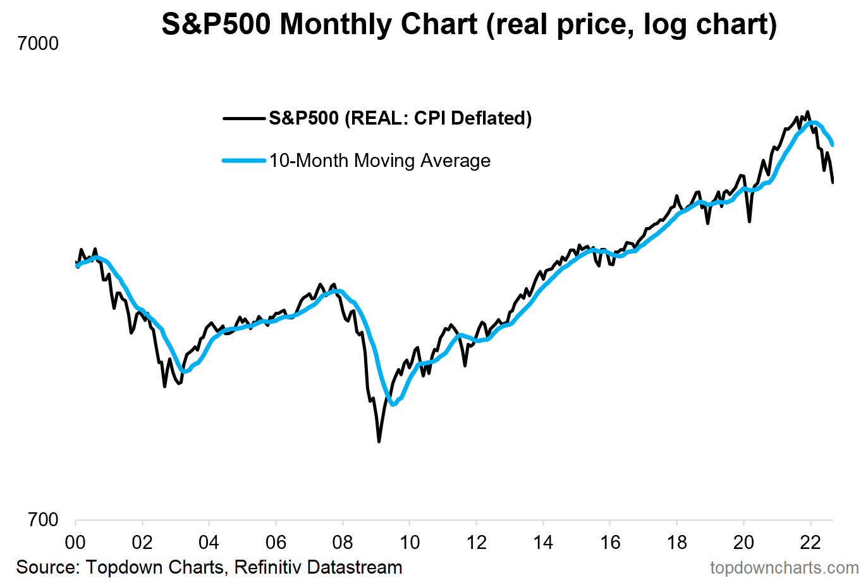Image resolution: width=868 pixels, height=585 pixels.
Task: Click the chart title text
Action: click(x=468, y=25)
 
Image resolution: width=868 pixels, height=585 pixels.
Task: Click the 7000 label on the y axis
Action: click(x=38, y=44)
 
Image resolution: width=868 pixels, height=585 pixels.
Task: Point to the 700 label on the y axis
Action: click(x=43, y=520)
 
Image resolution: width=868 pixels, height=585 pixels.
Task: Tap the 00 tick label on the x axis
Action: click(x=75, y=543)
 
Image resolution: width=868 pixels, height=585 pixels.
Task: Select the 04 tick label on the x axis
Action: click(x=209, y=543)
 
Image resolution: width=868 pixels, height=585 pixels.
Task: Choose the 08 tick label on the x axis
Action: click(x=343, y=543)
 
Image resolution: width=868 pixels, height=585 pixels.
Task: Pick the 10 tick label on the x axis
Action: click(x=410, y=543)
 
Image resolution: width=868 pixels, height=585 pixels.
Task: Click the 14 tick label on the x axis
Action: click(x=543, y=543)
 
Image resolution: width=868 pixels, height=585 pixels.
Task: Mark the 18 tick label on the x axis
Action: click(x=677, y=543)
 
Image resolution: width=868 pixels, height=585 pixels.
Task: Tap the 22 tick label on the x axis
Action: click(x=810, y=543)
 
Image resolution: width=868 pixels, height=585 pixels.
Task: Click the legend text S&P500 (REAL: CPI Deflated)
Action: click(x=400, y=118)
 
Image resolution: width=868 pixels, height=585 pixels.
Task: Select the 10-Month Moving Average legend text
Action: click(x=379, y=161)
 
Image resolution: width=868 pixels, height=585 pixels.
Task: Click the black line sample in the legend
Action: click(x=243, y=118)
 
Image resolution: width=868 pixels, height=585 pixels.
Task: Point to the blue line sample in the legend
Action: click(x=243, y=161)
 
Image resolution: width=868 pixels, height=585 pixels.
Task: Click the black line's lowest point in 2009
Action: click(x=379, y=441)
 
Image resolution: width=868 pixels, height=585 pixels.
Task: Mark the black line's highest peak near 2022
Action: click(x=807, y=112)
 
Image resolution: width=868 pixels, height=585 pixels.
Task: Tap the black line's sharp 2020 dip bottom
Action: click(x=750, y=221)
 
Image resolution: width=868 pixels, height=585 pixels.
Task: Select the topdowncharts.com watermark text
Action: click(x=784, y=568)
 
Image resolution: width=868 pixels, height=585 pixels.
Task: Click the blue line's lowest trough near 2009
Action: click(x=393, y=404)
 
